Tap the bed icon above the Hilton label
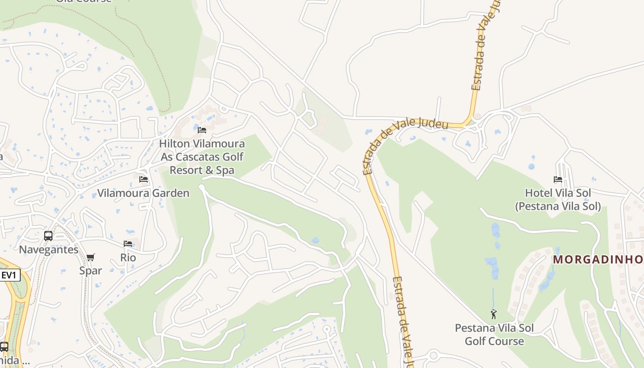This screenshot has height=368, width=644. (x=201, y=130)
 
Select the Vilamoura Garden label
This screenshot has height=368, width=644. (x=143, y=193)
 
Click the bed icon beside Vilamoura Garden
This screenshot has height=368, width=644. (x=144, y=179)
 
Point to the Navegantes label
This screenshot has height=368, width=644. (x=48, y=249)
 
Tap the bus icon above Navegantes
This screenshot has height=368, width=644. (x=48, y=236)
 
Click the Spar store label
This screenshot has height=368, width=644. (x=90, y=270)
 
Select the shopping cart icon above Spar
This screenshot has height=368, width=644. (x=90, y=258)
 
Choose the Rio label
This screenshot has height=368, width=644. (x=128, y=257)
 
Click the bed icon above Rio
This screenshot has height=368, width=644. (x=128, y=244)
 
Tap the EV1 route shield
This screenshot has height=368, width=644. (x=9, y=276)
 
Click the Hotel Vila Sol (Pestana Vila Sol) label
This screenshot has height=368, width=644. (x=558, y=199)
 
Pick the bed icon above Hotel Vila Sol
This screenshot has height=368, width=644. (x=558, y=179)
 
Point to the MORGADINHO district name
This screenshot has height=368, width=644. (x=598, y=259)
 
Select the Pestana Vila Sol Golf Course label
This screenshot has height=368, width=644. (x=494, y=334)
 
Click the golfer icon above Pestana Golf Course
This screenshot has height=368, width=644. (x=494, y=315)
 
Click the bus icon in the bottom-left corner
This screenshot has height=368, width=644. (x=4, y=347)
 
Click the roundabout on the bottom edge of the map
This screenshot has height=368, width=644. (x=433, y=356)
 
